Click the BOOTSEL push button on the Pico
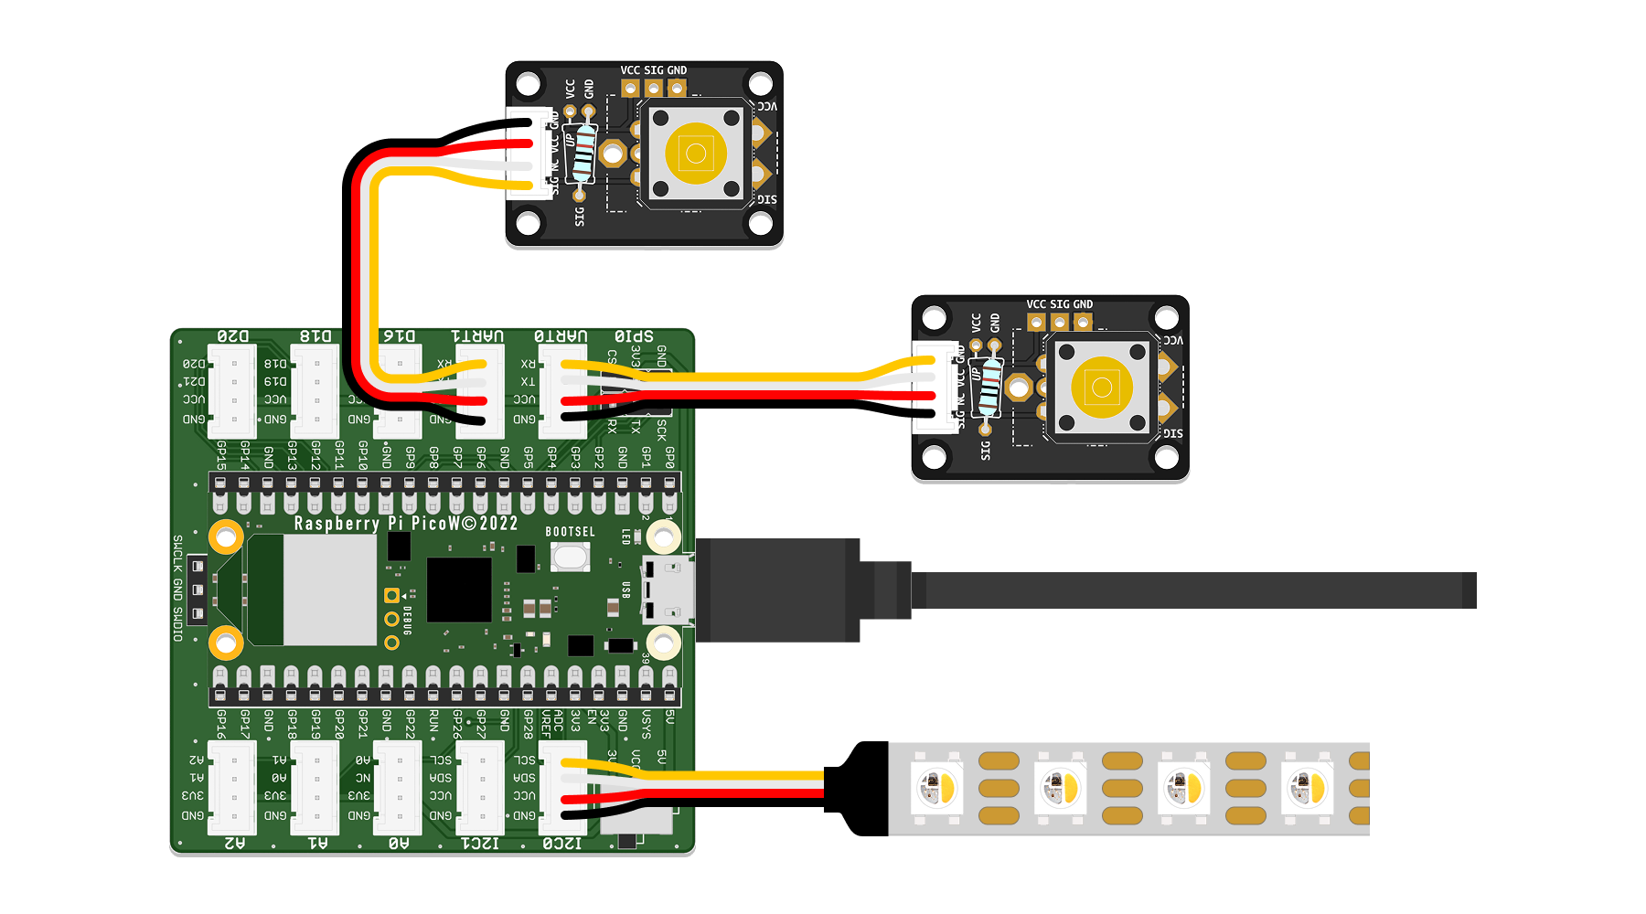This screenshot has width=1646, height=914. [x=570, y=557]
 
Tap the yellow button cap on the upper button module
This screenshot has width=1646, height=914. [x=696, y=153]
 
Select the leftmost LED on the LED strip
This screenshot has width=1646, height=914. [x=935, y=787]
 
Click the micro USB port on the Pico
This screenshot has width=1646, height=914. [x=669, y=590]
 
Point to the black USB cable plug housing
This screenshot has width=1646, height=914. [x=777, y=590]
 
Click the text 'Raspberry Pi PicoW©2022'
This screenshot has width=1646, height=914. [x=406, y=524]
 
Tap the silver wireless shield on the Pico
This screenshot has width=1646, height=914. [x=329, y=590]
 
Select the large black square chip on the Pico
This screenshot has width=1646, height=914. [x=459, y=590]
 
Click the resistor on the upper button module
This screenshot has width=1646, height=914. [x=581, y=153]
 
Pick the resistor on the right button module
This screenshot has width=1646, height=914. [x=988, y=387]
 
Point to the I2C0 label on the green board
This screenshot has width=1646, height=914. [x=561, y=843]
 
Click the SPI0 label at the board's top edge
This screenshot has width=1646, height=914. [x=634, y=336]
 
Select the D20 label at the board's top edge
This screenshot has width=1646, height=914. [x=232, y=336]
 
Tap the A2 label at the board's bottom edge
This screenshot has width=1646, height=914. [x=234, y=843]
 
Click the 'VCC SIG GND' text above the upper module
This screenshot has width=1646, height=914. [x=653, y=70]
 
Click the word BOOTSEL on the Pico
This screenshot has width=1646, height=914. [x=570, y=532]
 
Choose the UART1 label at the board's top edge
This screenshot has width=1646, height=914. [x=477, y=336]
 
